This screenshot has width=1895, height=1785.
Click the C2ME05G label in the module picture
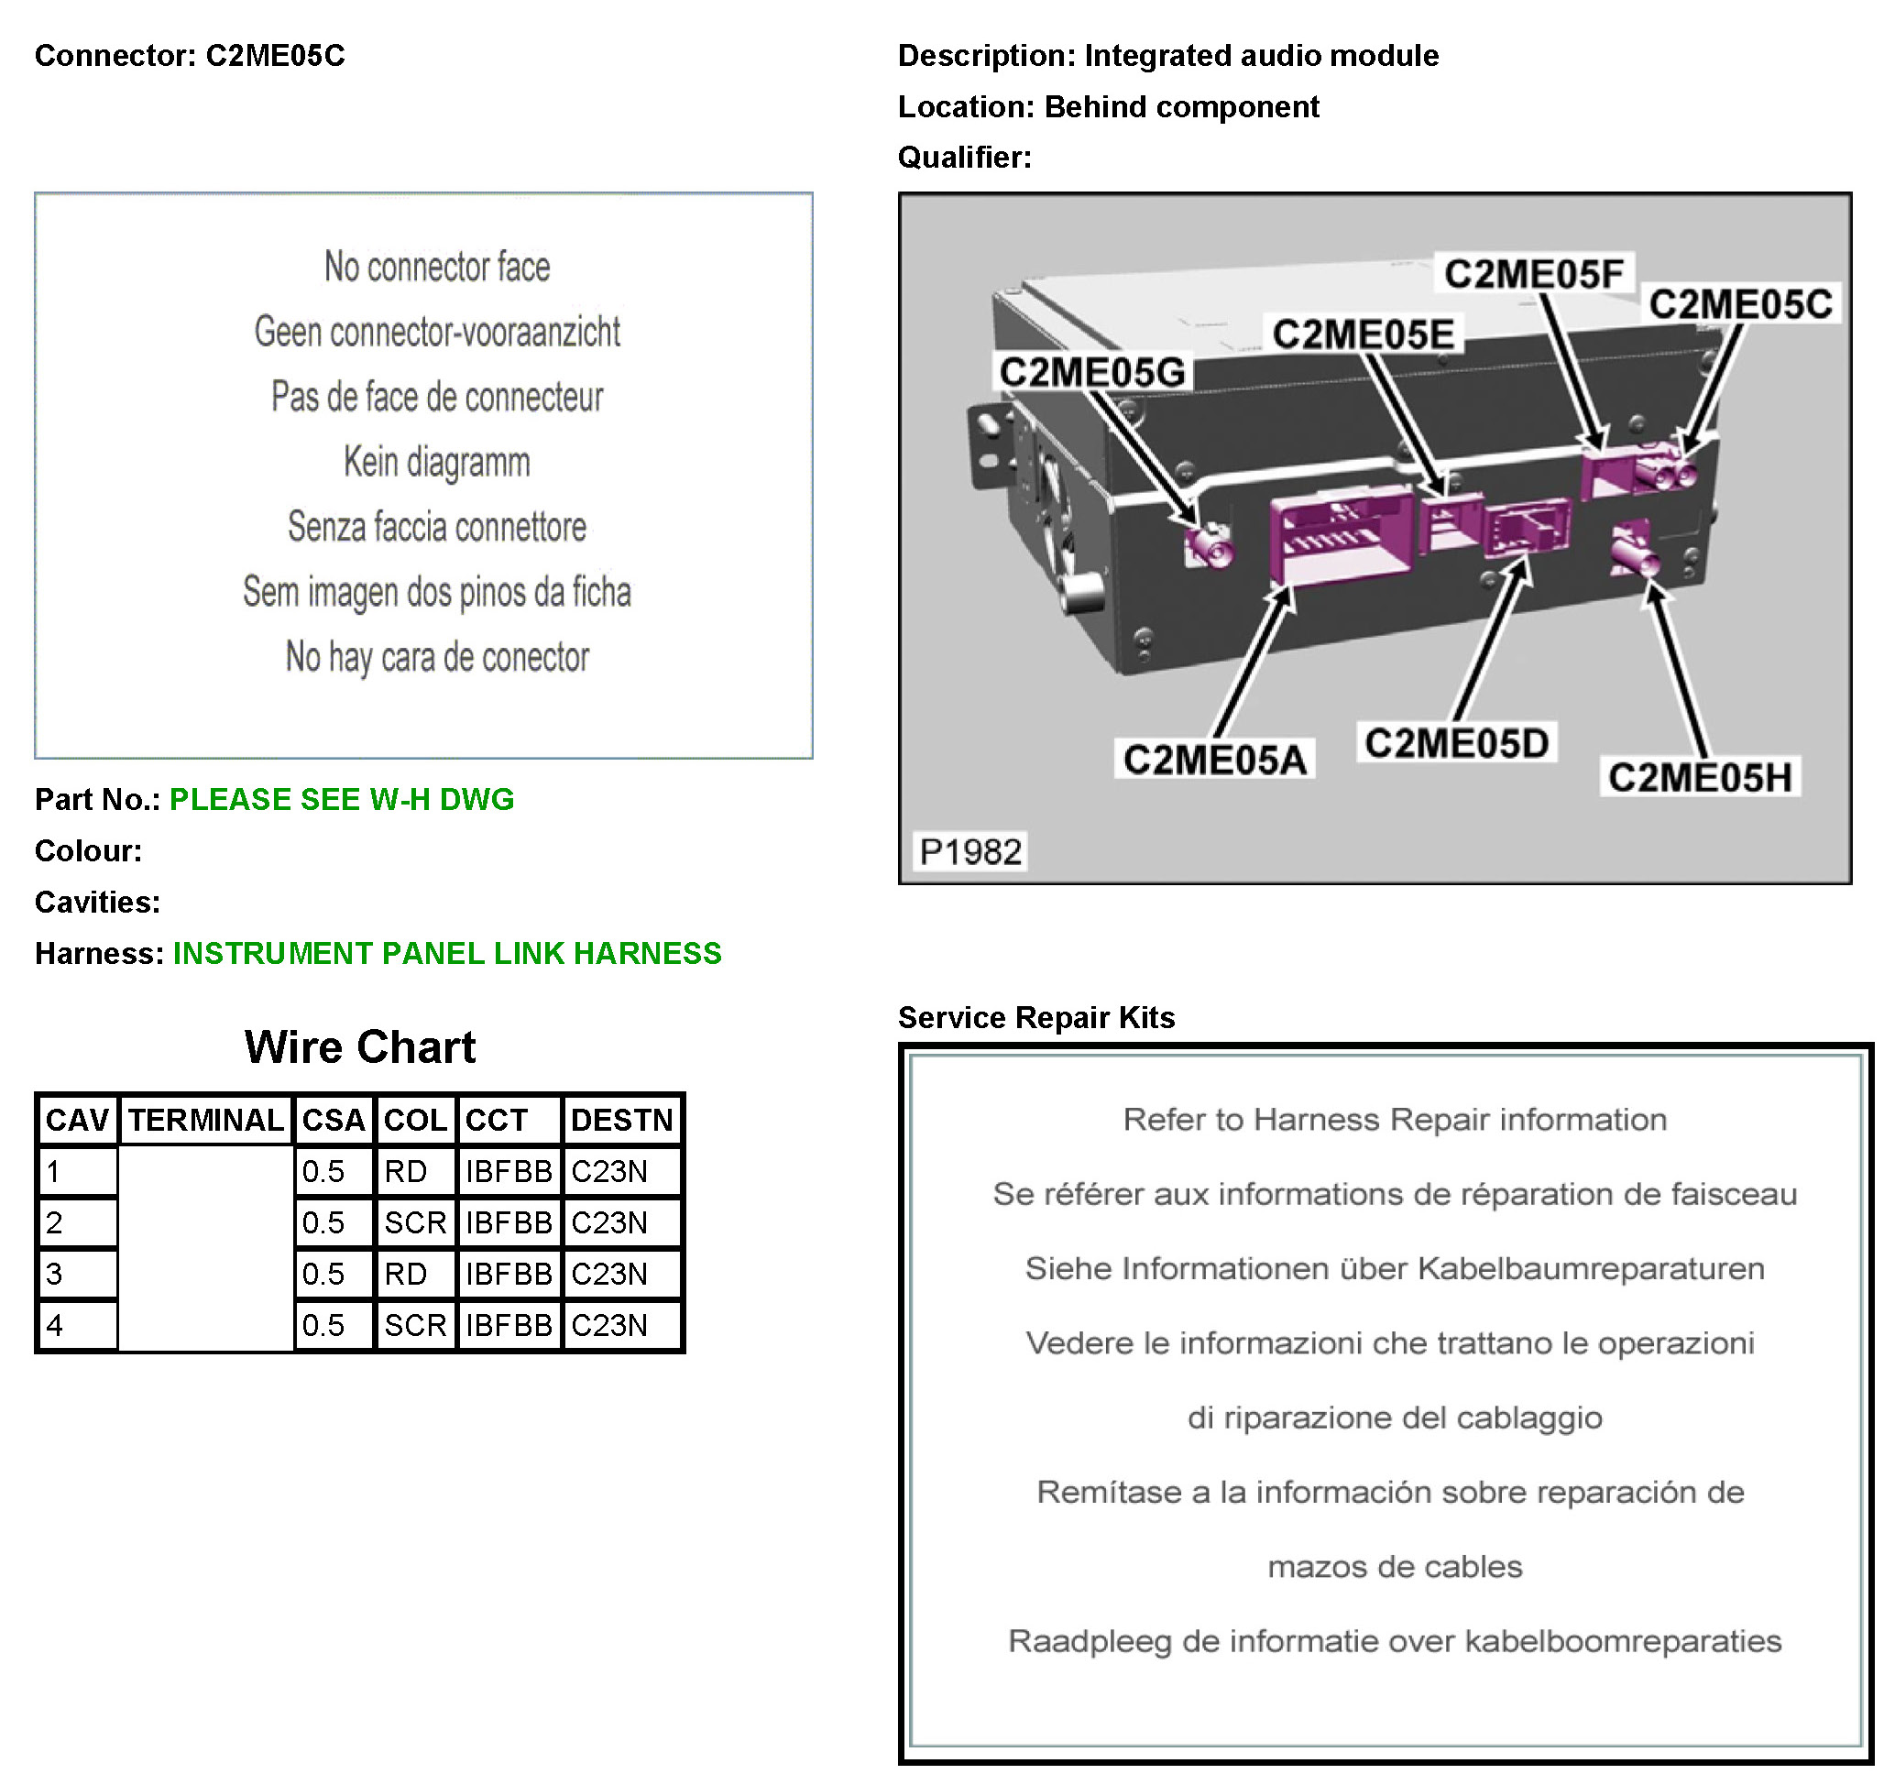point(1092,373)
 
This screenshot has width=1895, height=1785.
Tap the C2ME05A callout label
point(1214,761)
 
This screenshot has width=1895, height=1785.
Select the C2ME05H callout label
point(1700,778)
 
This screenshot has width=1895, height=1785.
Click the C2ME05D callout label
point(1456,743)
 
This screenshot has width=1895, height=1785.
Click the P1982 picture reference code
point(970,851)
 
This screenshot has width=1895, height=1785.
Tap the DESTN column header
point(621,1120)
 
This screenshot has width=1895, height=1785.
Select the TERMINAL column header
point(206,1120)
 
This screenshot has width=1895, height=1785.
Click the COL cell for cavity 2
point(415,1222)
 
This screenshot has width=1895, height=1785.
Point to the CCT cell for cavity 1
point(508,1171)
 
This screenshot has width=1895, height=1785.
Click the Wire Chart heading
point(359,1047)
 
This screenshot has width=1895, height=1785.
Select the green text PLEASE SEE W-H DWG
point(341,800)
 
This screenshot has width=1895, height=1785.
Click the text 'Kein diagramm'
point(436,462)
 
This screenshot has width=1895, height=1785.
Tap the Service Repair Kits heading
point(1036,1018)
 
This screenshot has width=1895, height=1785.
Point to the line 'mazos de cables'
point(1395,1568)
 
